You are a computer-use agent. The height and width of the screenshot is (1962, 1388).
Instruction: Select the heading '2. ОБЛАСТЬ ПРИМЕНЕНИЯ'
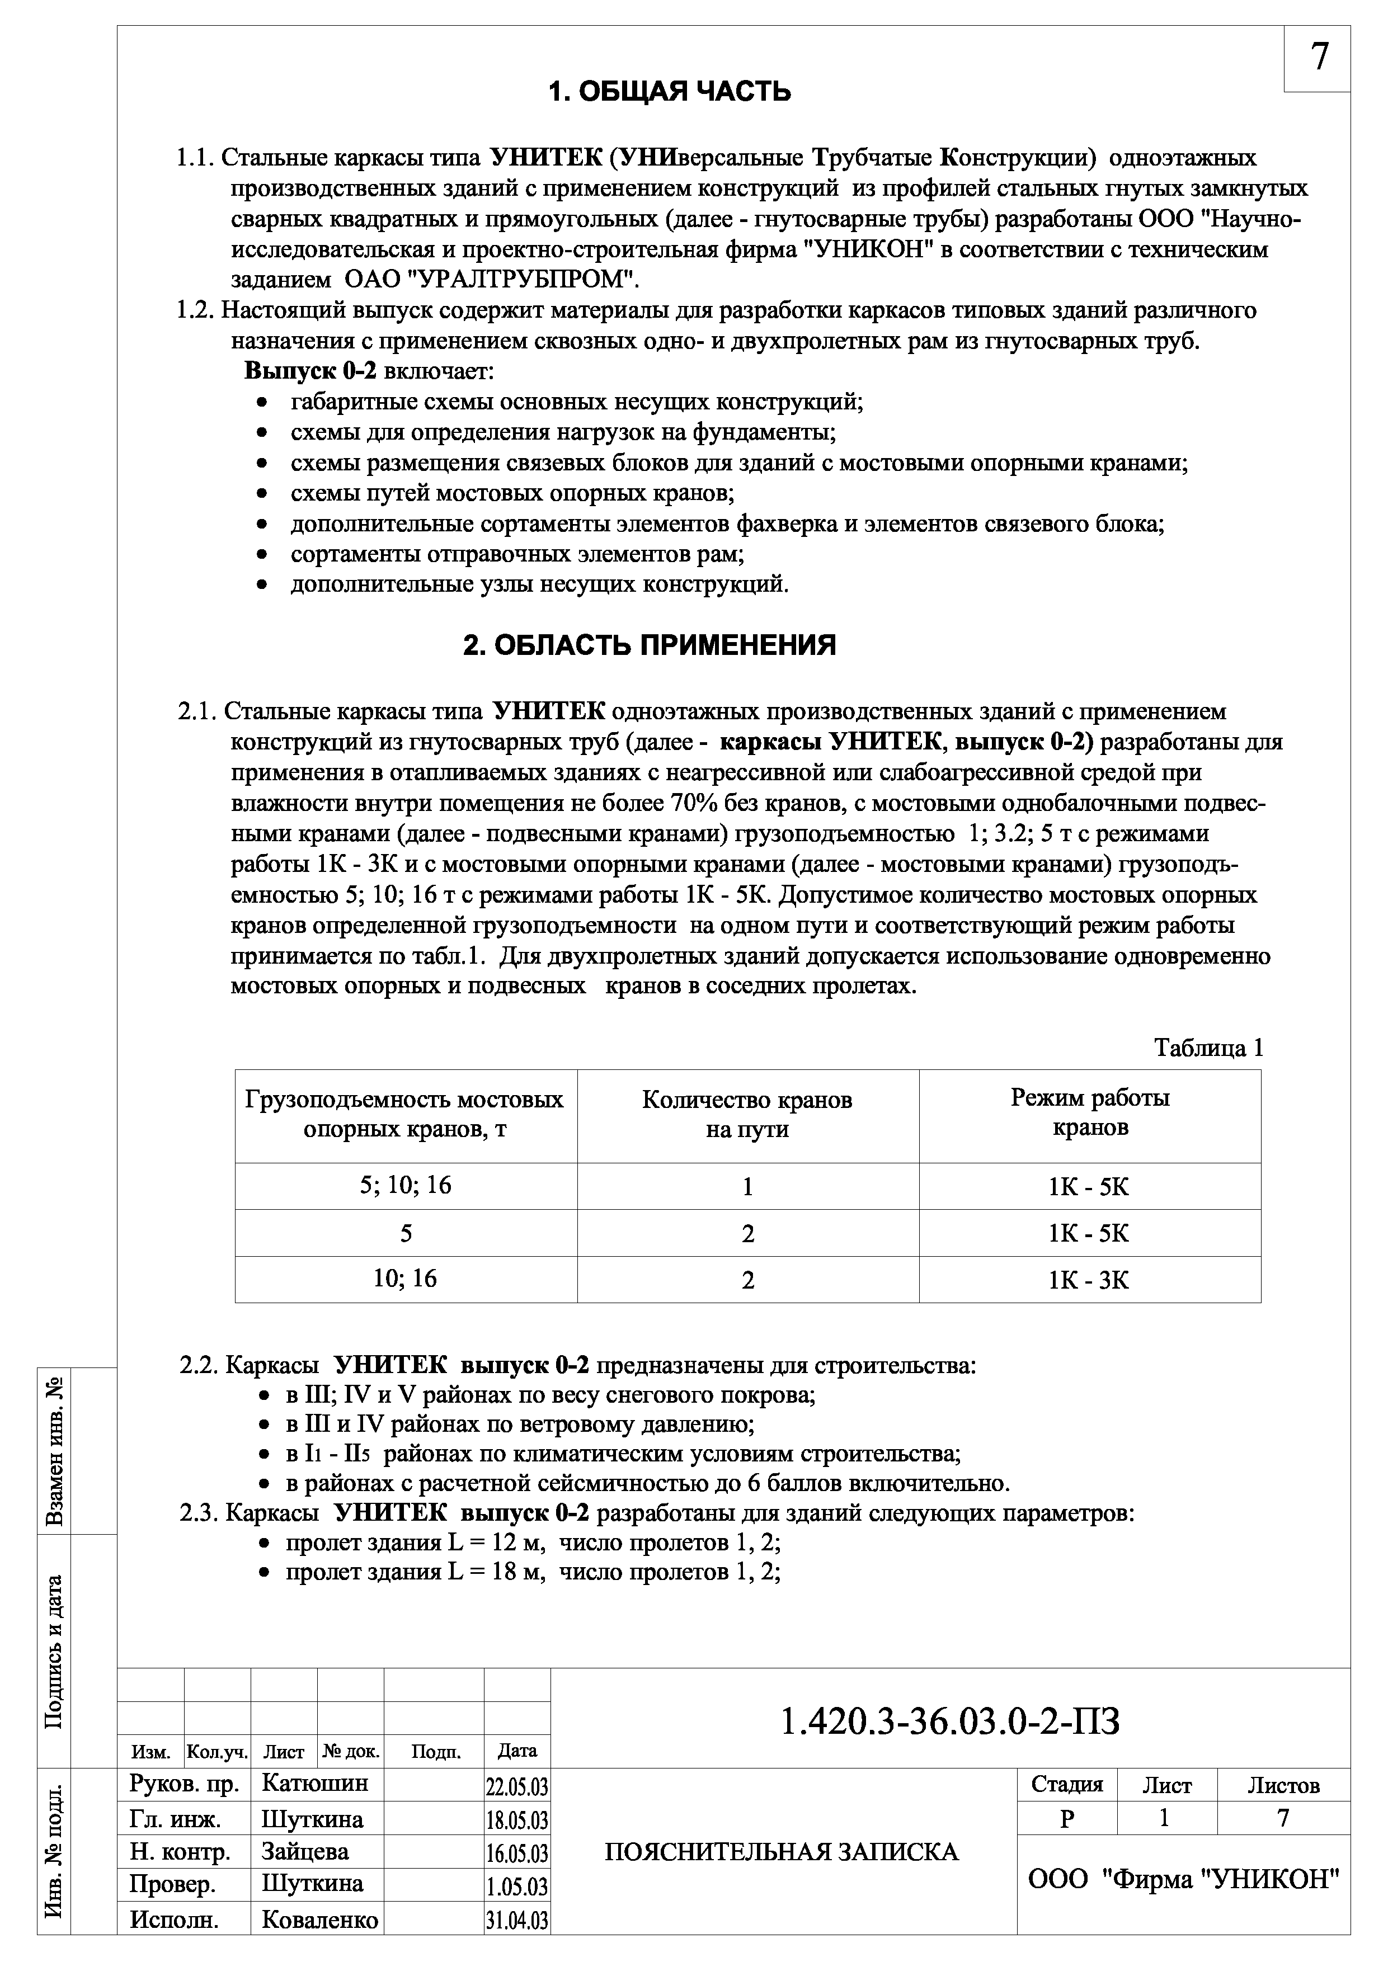click(650, 645)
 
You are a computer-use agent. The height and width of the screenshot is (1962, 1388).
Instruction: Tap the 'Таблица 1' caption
click(1208, 1048)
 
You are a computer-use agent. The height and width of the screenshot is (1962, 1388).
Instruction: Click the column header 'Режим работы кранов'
click(1090, 1112)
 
